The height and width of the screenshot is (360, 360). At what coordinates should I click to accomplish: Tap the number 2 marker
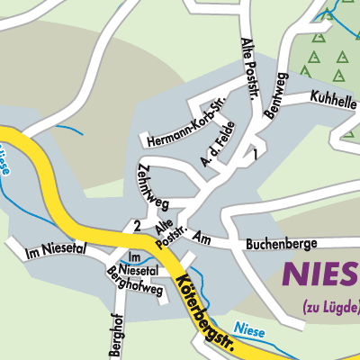pos(136,224)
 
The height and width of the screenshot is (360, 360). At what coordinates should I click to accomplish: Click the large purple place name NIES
pos(322,274)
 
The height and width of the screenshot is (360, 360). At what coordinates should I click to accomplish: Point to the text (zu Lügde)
pos(329,304)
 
